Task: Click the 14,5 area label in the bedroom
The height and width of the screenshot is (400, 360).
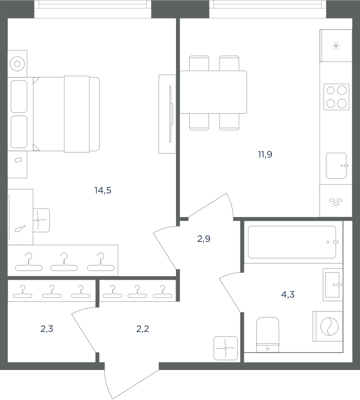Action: tap(103, 190)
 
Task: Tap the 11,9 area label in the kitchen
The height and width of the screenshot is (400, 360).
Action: tap(265, 154)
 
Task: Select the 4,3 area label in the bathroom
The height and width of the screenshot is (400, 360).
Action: tap(288, 295)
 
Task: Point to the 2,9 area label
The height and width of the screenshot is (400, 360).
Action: tap(204, 239)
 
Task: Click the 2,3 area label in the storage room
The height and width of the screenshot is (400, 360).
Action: tap(47, 329)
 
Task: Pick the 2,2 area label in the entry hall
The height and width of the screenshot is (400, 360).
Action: tap(143, 329)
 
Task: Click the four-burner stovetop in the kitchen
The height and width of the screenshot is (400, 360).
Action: tap(336, 97)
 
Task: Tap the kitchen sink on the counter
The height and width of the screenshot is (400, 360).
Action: tap(336, 165)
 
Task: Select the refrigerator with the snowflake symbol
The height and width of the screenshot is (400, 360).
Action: tap(336, 46)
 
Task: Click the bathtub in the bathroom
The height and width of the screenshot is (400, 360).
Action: tap(292, 242)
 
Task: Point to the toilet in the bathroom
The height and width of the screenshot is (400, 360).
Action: tap(268, 335)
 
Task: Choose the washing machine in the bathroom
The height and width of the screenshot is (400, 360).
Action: tap(328, 326)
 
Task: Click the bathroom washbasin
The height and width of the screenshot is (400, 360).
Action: tap(333, 285)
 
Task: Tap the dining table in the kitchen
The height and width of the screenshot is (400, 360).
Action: tap(214, 92)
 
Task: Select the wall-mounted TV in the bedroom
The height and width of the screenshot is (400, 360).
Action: tap(170, 114)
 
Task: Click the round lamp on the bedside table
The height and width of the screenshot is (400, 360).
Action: tap(17, 64)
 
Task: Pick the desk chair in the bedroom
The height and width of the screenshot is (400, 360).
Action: tap(41, 220)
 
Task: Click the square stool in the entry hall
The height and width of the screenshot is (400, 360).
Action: tap(226, 348)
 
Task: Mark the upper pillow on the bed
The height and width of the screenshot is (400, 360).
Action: tap(19, 96)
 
